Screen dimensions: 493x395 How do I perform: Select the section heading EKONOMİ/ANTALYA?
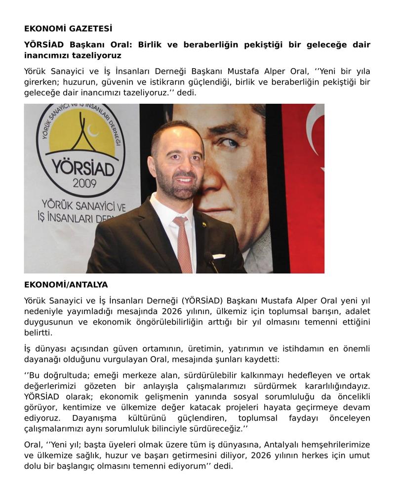pyautogui.click(x=66, y=285)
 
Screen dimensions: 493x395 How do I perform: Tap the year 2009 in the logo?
pyautogui.click(x=84, y=183)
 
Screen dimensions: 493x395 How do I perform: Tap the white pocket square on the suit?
pyautogui.click(x=219, y=256)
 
